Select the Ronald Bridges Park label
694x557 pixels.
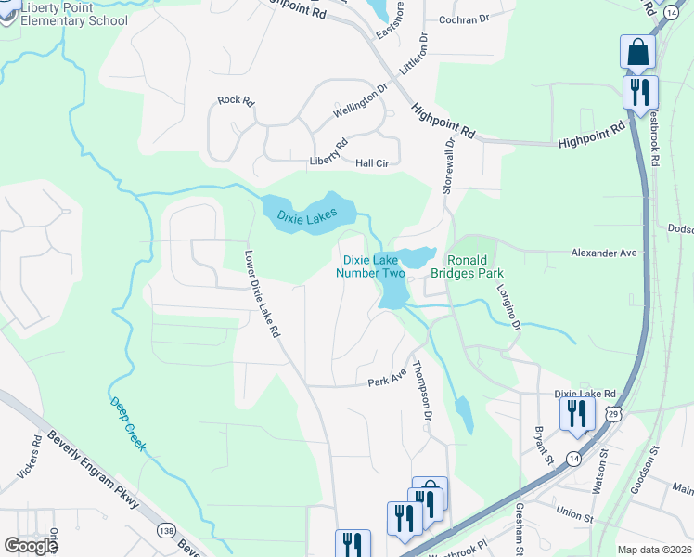(475, 266)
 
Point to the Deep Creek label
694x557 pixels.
(128, 425)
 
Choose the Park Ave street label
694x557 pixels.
(387, 381)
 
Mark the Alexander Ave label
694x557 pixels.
(604, 253)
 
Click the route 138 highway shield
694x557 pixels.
(166, 530)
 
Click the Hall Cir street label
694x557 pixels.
(371, 162)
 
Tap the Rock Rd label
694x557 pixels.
(235, 100)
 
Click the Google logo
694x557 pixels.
(32, 546)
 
